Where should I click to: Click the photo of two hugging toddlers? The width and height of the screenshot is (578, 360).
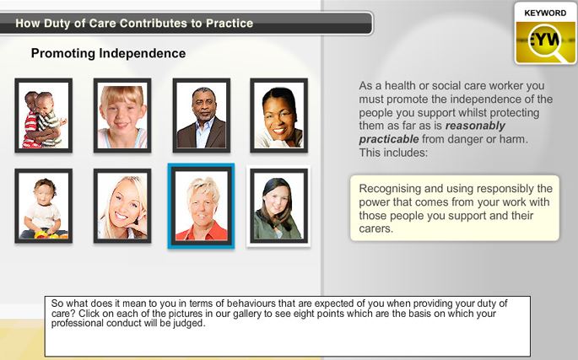(44, 116)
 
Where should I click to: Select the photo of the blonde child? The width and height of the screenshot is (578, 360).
(122, 116)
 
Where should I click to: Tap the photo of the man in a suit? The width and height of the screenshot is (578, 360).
(202, 116)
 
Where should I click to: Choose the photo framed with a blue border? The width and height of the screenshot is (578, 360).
(202, 206)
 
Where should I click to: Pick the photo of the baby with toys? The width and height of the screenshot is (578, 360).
(44, 206)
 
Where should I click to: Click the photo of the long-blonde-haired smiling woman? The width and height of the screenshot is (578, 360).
(122, 206)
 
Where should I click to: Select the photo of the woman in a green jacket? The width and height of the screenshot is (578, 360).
(278, 206)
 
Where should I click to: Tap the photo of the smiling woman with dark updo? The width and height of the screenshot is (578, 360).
(278, 116)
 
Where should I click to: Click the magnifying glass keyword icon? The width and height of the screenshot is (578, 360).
(546, 42)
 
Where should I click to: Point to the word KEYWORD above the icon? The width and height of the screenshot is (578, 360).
(545, 13)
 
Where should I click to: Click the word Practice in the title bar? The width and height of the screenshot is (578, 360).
(230, 24)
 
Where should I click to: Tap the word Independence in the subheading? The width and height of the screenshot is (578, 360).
(143, 53)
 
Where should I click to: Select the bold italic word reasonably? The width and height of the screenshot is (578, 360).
(475, 126)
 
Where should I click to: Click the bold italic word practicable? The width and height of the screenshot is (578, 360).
(389, 139)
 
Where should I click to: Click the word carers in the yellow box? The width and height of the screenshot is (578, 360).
(375, 228)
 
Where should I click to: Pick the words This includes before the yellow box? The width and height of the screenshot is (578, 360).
(393, 153)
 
